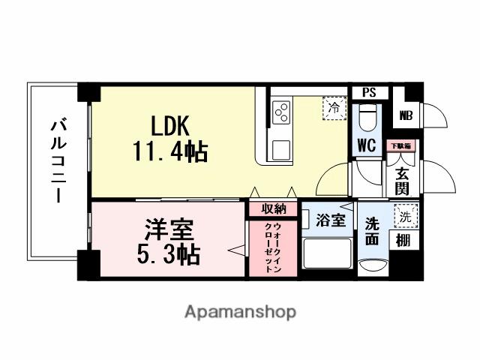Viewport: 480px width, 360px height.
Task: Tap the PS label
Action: [x=368, y=93]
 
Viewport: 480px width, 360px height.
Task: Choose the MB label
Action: [x=406, y=116]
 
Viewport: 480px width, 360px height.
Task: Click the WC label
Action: [x=365, y=143]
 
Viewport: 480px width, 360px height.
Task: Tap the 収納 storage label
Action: [x=274, y=208]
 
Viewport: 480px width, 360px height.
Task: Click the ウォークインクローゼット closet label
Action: [x=274, y=247]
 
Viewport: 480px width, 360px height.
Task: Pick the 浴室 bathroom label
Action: [x=330, y=220]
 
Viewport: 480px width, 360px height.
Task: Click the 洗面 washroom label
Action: [x=372, y=230]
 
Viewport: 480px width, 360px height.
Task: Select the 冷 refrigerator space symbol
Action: [x=334, y=108]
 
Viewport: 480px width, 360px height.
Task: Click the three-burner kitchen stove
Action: [x=283, y=113]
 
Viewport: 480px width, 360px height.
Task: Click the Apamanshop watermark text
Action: [x=240, y=311]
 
